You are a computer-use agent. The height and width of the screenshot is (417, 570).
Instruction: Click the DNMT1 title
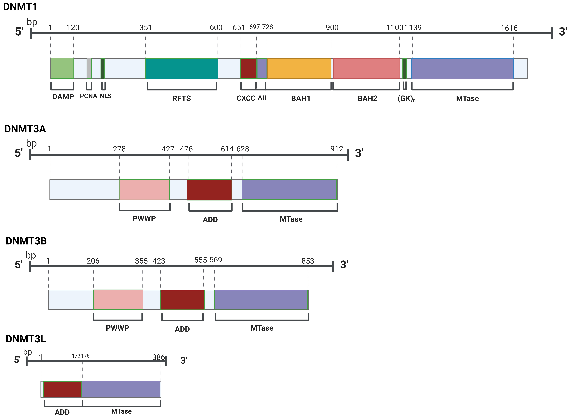coord(20,7)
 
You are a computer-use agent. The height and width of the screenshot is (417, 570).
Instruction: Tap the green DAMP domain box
coord(62,68)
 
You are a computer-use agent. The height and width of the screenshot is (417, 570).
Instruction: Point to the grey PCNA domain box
coord(89,68)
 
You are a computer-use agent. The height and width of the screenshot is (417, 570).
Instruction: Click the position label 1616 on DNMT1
coord(509,28)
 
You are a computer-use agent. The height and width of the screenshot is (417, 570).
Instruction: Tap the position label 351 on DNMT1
coord(145,28)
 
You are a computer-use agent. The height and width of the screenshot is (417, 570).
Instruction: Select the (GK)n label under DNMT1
coord(406,98)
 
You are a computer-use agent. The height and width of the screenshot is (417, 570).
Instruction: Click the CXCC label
coord(246,98)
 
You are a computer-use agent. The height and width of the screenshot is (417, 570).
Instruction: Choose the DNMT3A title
coord(25,129)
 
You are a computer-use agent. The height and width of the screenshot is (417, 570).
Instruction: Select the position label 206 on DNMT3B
coord(93,261)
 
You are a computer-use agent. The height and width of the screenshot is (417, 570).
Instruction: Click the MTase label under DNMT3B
coord(262,328)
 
